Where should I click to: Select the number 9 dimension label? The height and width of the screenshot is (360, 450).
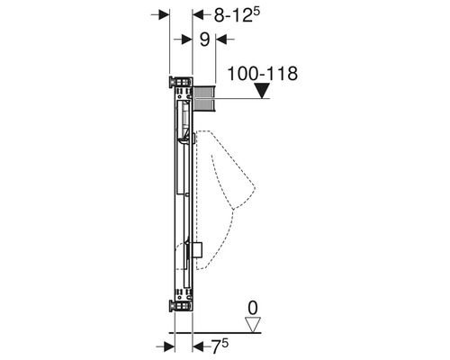(204, 39)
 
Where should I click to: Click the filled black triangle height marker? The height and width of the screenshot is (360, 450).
(262, 90)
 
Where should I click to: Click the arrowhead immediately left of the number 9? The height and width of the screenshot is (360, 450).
(187, 39)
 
